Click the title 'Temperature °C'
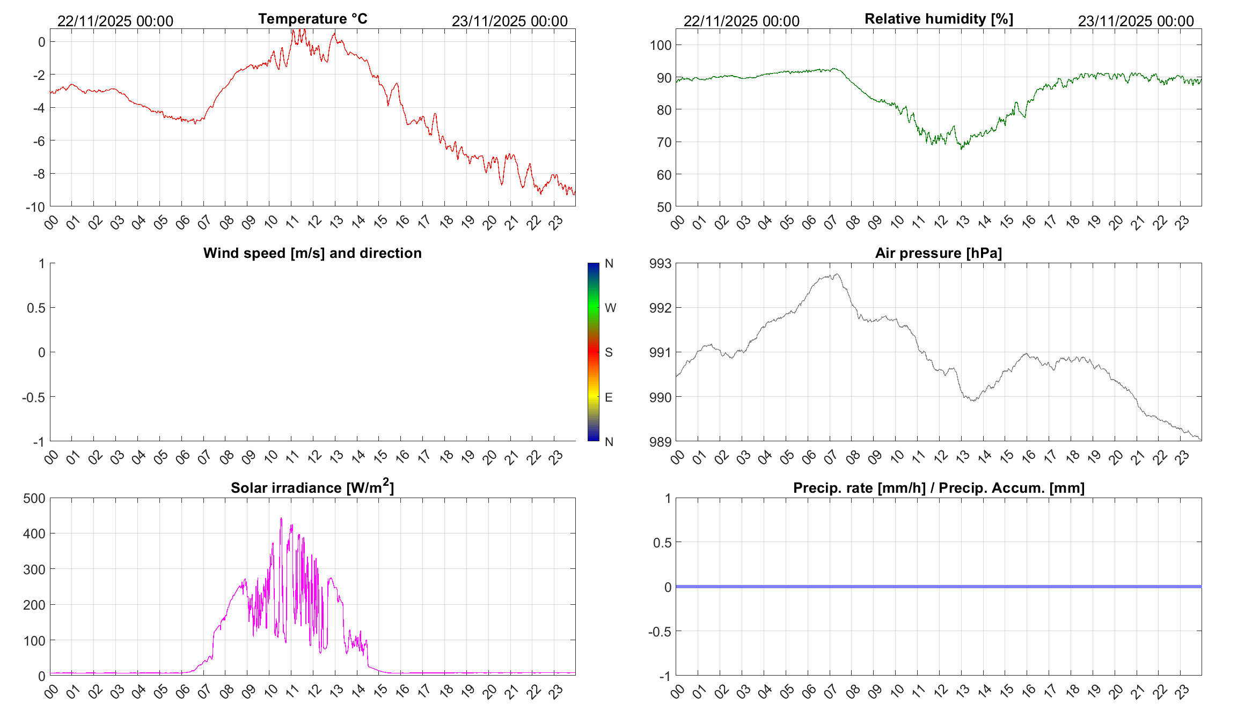(x=312, y=19)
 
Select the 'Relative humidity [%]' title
(x=939, y=19)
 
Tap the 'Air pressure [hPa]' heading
(x=938, y=253)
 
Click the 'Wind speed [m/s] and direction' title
(x=312, y=253)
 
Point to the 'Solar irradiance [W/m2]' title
(x=312, y=487)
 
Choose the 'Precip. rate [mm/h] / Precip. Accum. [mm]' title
(x=939, y=488)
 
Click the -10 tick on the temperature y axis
(x=35, y=207)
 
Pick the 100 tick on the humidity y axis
(x=661, y=45)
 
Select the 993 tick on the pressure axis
(x=660, y=263)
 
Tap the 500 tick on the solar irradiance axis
(x=34, y=498)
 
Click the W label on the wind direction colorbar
(x=610, y=308)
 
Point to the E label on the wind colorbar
(x=609, y=397)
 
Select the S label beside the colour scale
(x=609, y=352)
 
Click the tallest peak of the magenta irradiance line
(x=281, y=518)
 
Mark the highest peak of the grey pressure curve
(x=836, y=274)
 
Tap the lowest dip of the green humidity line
(x=961, y=149)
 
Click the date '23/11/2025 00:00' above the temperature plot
(x=509, y=21)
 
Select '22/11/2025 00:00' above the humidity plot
(x=741, y=21)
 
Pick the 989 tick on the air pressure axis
(x=660, y=442)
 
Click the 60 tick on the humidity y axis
(x=664, y=175)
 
